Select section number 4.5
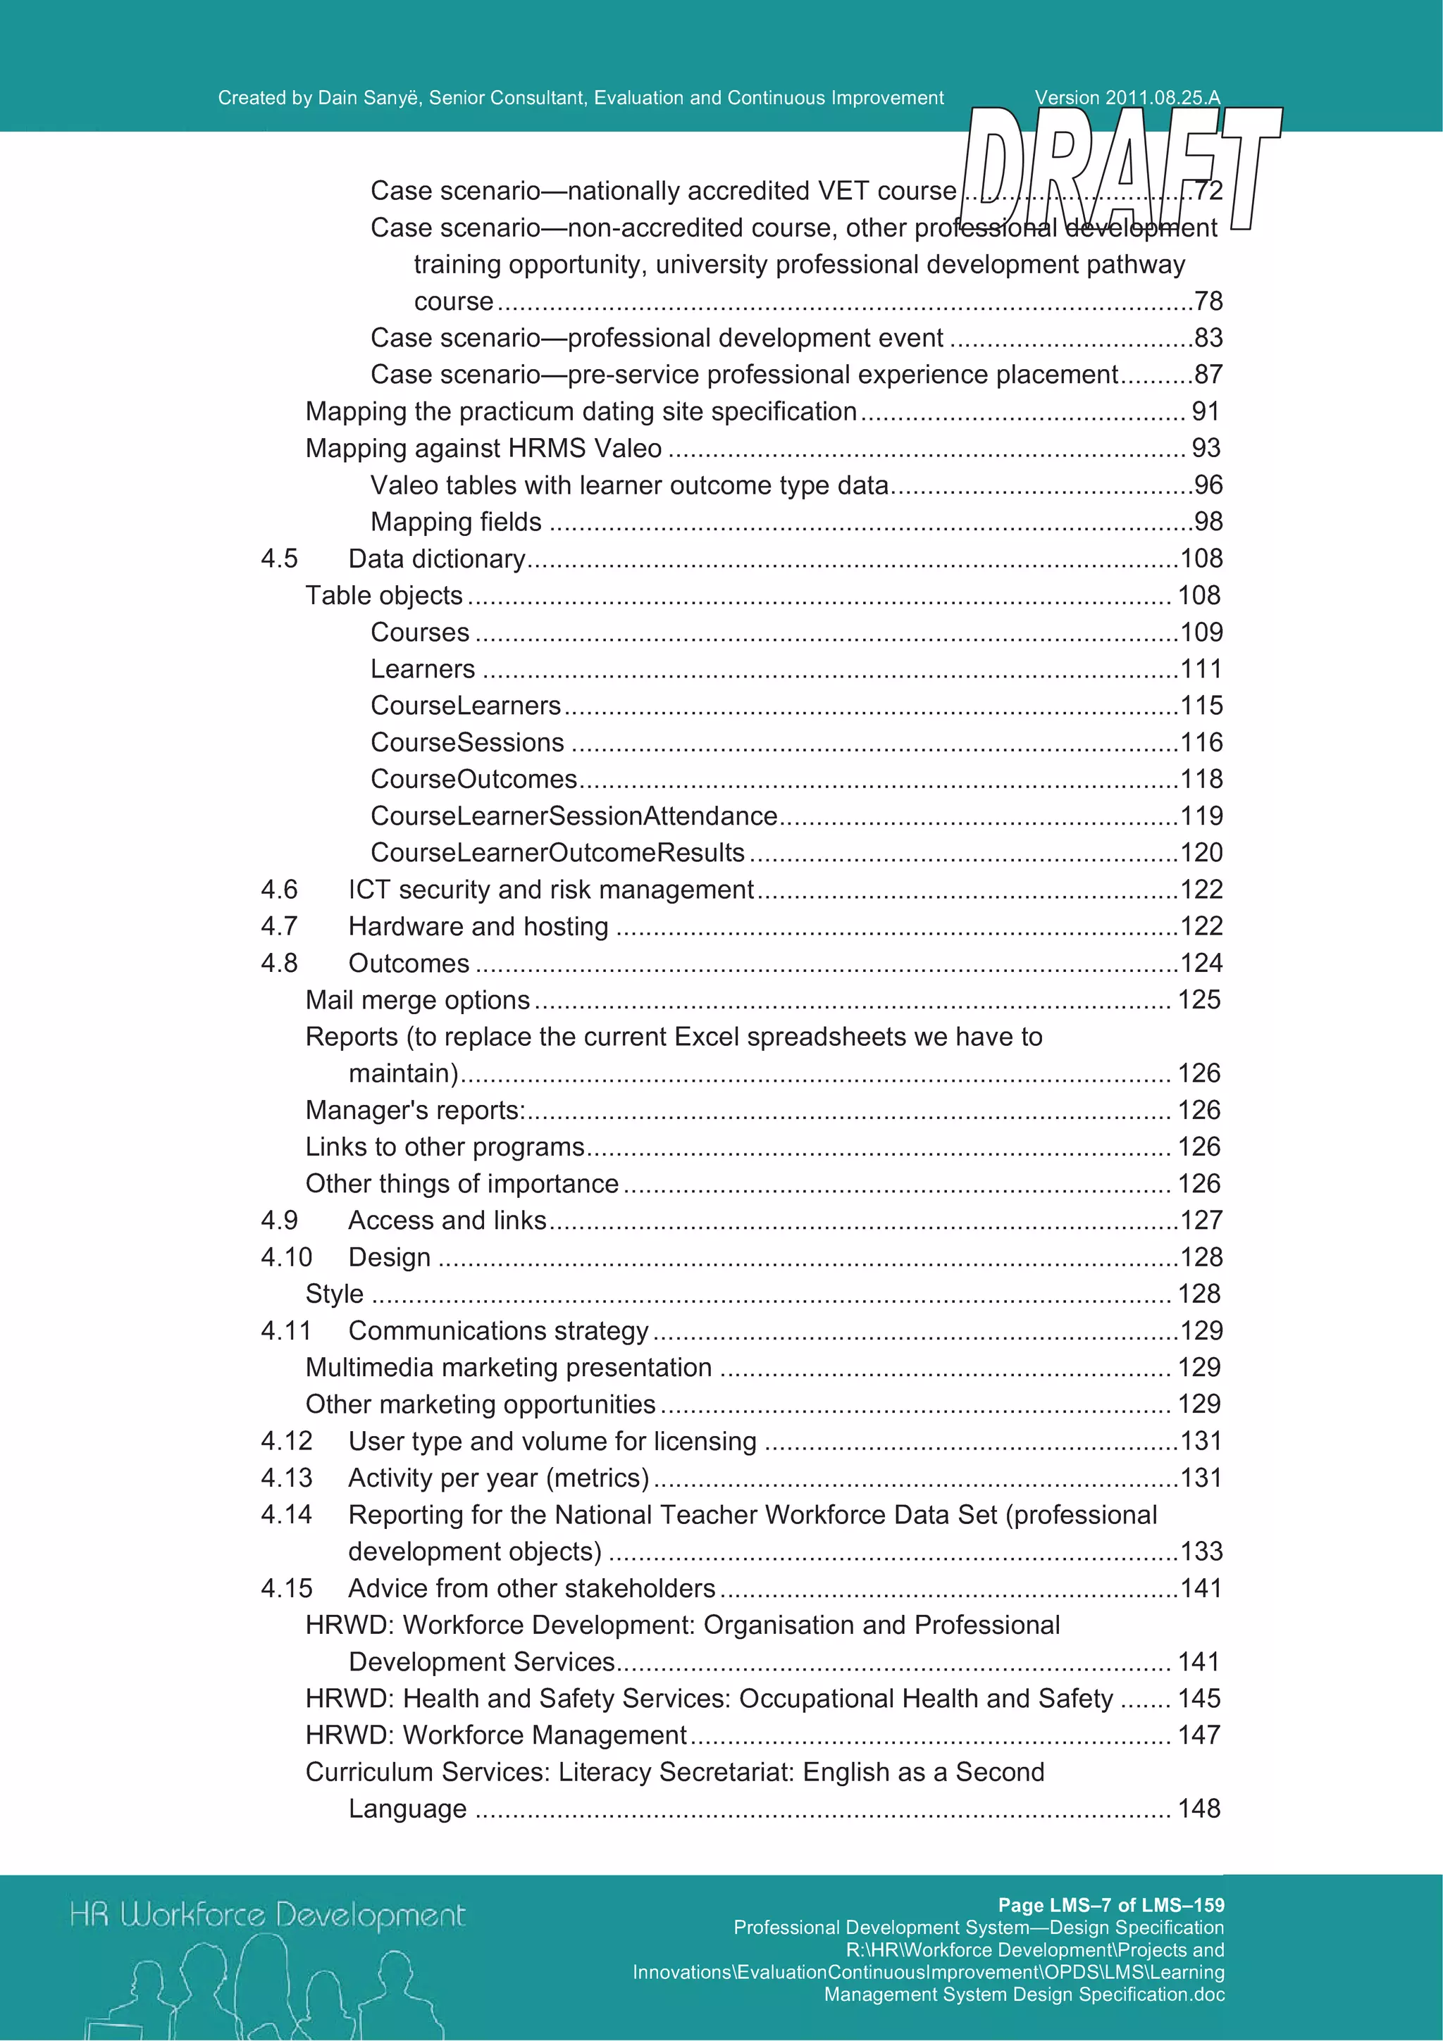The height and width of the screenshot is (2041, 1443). pyautogui.click(x=279, y=558)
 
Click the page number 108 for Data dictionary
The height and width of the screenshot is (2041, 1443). pyautogui.click(x=1201, y=558)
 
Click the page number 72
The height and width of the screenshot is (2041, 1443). pyautogui.click(x=1208, y=190)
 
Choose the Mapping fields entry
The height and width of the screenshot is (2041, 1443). pyautogui.click(x=456, y=522)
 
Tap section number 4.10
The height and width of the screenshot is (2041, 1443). pyautogui.click(x=286, y=1257)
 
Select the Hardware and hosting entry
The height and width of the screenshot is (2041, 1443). pyautogui.click(x=478, y=926)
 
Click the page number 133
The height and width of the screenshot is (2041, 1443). pyautogui.click(x=1201, y=1552)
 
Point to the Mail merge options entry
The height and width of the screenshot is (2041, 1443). pyautogui.click(x=418, y=1000)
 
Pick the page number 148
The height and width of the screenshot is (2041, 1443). pyautogui.click(x=1199, y=1808)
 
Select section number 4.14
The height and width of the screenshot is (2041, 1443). pyautogui.click(x=286, y=1515)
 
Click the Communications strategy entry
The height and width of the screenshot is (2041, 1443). pyautogui.click(x=498, y=1331)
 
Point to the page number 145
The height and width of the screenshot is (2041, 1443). pyautogui.click(x=1199, y=1699)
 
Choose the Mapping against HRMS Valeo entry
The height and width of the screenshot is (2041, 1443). pyautogui.click(x=483, y=448)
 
